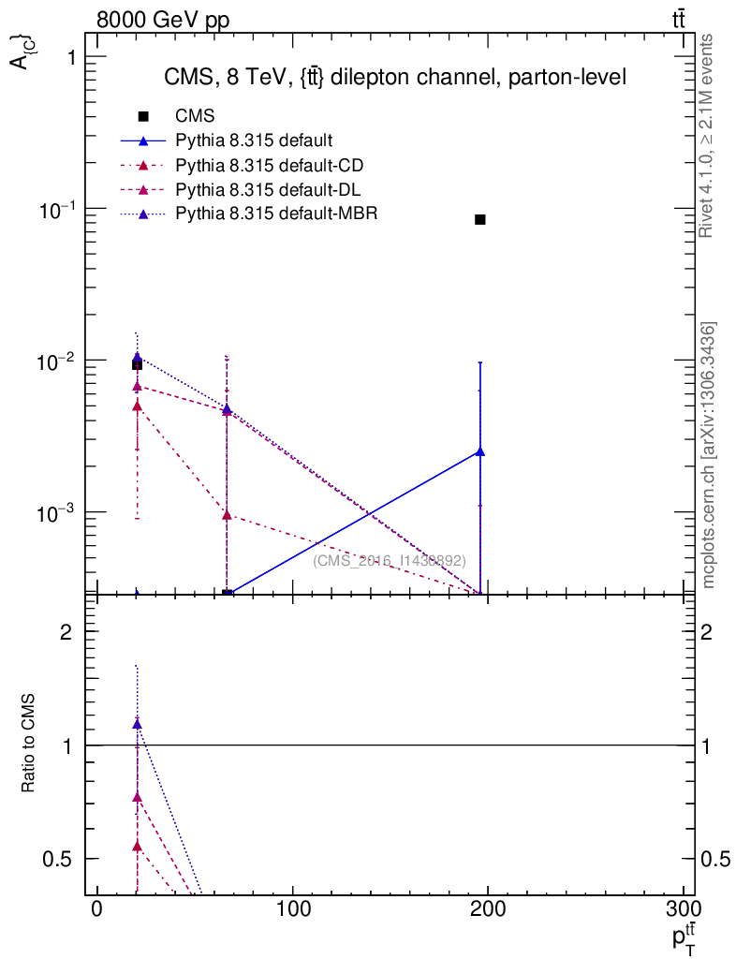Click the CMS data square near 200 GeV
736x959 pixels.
tap(480, 219)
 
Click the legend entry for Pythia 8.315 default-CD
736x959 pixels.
tap(270, 166)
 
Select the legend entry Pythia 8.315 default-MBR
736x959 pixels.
tap(276, 214)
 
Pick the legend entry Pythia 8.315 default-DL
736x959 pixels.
tap(269, 190)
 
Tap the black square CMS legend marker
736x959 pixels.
tap(143, 117)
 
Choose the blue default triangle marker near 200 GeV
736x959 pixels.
tap(480, 451)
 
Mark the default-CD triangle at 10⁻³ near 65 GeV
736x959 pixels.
tap(227, 514)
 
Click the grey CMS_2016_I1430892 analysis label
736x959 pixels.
tap(390, 561)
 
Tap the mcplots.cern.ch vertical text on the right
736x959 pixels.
tap(710, 455)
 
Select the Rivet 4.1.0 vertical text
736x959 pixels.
tap(707, 137)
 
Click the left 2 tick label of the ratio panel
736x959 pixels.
tap(66, 632)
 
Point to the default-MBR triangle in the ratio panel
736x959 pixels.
tap(137, 723)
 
